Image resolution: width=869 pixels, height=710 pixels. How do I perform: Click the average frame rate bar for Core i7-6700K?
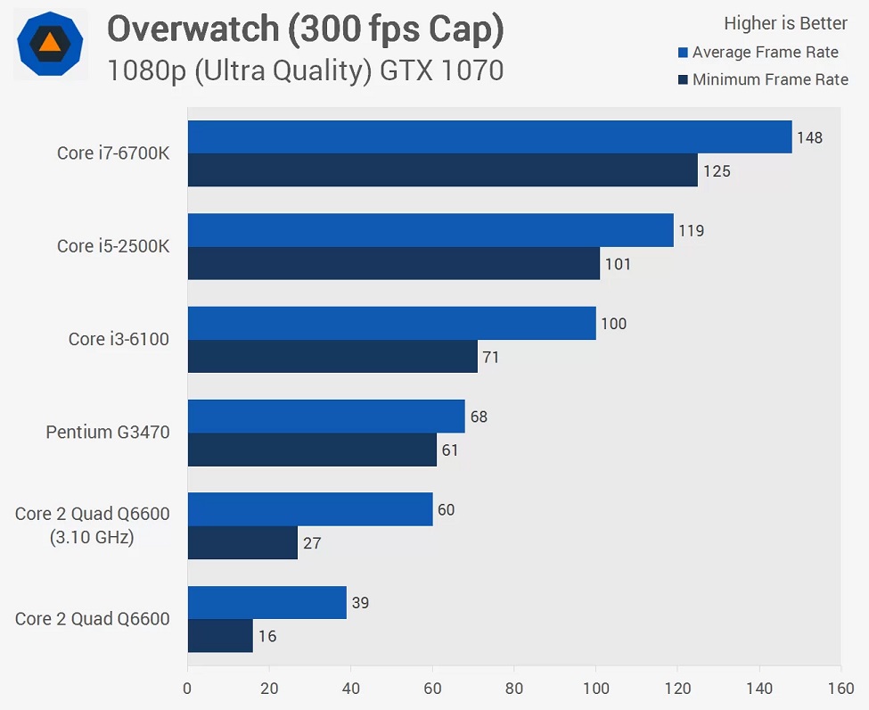point(489,137)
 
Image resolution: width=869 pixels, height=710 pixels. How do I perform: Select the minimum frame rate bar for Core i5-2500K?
point(393,263)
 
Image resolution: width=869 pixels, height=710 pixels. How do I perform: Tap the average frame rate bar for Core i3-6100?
point(391,323)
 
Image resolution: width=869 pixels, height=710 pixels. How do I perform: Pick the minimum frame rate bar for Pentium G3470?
point(312,450)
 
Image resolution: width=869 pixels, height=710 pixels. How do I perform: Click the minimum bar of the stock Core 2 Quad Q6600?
point(220,636)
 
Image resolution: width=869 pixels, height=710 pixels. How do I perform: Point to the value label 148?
point(810,137)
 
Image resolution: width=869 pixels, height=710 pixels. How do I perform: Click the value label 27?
point(312,542)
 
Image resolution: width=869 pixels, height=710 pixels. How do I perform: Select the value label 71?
point(490,358)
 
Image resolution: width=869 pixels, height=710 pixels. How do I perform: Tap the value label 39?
point(361,603)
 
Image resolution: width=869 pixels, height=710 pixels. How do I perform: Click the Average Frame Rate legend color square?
point(683,53)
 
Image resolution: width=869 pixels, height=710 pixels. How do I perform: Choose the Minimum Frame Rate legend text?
point(770,80)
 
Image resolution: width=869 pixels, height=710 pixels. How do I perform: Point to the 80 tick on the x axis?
point(514,689)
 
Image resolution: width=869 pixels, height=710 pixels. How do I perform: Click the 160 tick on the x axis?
point(840,689)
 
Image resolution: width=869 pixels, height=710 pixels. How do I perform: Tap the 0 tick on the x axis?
point(187,689)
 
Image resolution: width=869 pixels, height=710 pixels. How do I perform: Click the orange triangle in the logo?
point(51,42)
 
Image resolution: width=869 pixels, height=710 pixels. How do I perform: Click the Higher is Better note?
point(785,23)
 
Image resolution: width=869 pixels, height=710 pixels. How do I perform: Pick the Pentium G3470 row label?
point(108,433)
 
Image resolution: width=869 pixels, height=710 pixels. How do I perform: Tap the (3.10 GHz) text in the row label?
point(92,538)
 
